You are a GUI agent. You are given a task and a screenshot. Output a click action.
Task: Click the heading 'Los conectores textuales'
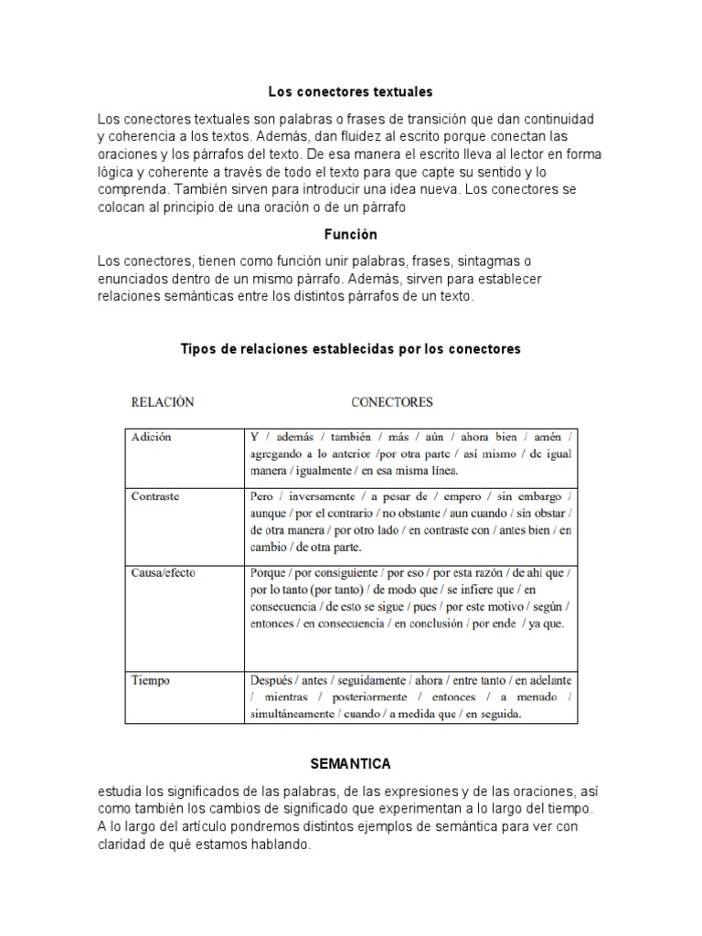click(350, 92)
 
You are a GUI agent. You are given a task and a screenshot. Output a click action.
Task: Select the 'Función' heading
click(350, 235)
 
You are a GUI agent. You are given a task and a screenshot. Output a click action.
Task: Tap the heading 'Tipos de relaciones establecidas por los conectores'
click(350, 349)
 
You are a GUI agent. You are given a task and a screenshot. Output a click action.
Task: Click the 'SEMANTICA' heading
click(350, 762)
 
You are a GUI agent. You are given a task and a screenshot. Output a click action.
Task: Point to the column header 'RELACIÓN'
click(163, 401)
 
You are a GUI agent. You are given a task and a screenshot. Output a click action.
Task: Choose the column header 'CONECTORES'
click(392, 401)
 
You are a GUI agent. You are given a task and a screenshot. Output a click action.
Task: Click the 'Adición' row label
click(152, 437)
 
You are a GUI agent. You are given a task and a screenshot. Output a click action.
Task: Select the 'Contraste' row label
click(156, 496)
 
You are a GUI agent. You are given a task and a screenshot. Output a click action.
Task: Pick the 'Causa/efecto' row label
click(164, 573)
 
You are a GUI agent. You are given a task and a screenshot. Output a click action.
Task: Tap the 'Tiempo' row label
click(151, 680)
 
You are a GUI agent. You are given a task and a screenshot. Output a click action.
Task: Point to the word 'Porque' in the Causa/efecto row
click(268, 573)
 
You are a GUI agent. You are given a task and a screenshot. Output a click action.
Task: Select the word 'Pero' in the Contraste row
click(261, 496)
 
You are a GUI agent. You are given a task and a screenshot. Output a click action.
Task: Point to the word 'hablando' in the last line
click(284, 845)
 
